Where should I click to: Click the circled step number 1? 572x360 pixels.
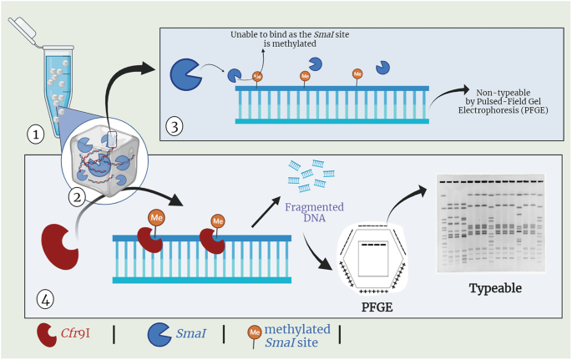(33, 131)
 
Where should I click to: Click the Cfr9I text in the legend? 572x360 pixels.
(77, 334)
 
